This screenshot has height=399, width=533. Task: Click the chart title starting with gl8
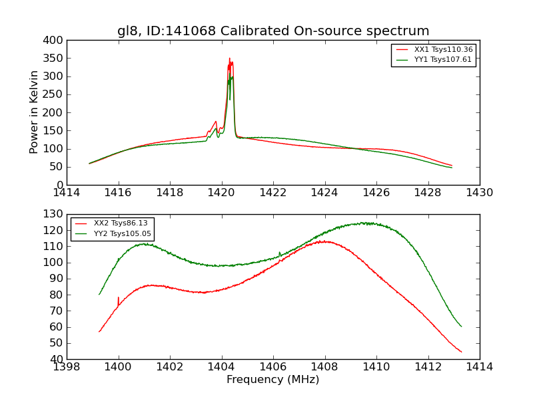pos(273,31)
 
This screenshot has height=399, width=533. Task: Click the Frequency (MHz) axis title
pos(273,380)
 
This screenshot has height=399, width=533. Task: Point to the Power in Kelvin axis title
pos(35,112)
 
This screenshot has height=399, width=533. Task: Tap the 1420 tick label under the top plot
pos(221,193)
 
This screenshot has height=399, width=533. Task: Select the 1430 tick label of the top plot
pos(479,193)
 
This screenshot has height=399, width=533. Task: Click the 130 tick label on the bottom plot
pos(55,214)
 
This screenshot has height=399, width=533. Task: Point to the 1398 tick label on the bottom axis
pos(67,367)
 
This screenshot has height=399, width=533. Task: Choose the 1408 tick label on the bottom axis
pos(324,367)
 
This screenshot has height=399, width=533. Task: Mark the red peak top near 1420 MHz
pos(229,59)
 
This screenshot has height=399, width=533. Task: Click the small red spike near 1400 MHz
pos(118,298)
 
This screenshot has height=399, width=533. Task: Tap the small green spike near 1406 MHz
pos(279,252)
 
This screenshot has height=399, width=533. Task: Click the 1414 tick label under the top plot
pos(67,193)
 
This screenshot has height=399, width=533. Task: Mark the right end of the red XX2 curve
pos(461,352)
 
